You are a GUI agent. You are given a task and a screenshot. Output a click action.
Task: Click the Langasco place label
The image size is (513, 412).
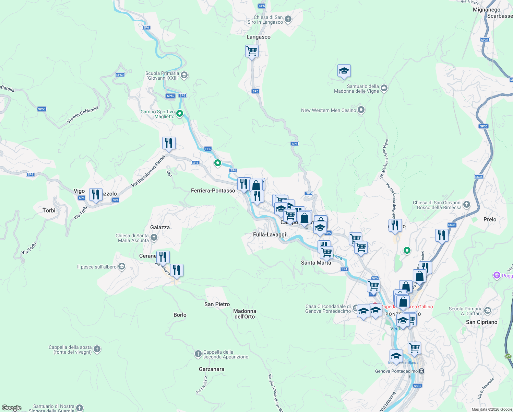tap(259, 37)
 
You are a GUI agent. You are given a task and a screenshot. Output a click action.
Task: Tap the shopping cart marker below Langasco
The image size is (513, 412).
tap(252, 51)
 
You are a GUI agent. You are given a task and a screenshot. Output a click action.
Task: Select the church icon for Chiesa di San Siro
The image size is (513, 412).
tap(288, 19)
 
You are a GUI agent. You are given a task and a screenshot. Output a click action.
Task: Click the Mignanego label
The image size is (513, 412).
tap(486, 10)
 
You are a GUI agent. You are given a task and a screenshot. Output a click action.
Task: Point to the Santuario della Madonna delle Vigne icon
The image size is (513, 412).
tap(384, 88)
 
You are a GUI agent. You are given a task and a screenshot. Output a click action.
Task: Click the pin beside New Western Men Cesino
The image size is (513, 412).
tap(361, 110)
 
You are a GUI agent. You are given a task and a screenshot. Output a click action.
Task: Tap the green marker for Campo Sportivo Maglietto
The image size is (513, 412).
tap(179, 113)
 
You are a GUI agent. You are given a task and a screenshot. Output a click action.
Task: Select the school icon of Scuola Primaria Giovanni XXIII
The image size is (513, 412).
tap(184, 75)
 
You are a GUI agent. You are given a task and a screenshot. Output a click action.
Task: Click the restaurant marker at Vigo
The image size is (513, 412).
tap(96, 195)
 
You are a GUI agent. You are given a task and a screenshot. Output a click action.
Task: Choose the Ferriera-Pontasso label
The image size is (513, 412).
tap(213, 191)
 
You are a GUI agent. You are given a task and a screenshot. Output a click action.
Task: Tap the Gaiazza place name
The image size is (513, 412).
tap(160, 227)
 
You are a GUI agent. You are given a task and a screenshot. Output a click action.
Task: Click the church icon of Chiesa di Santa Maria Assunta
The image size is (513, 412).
tap(154, 237)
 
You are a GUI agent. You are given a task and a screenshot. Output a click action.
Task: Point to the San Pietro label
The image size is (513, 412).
tap(217, 304)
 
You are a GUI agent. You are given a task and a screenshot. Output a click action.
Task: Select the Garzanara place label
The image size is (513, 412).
tap(212, 369)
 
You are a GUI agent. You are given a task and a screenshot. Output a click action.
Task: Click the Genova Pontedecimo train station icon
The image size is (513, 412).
tap(422, 371)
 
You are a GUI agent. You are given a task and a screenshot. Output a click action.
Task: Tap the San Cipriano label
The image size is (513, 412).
tap(481, 322)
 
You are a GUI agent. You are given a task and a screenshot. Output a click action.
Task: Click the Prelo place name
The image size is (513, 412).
tap(490, 219)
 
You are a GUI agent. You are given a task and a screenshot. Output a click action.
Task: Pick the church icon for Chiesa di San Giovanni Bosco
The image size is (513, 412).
tap(466, 205)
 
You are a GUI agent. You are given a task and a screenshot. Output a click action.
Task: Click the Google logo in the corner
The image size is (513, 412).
tap(12, 408)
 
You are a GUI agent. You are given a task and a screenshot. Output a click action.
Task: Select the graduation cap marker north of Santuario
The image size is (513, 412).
tap(344, 71)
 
